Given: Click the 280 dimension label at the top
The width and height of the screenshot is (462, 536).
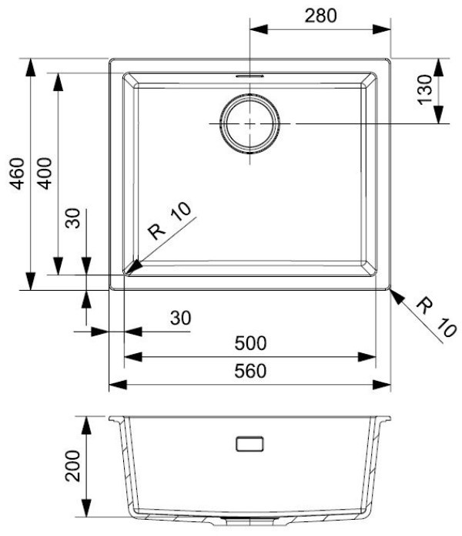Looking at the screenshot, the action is [320, 15].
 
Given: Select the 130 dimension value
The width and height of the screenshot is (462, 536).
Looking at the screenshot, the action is [425, 89].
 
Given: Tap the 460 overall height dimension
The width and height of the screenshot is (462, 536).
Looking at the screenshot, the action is [17, 174].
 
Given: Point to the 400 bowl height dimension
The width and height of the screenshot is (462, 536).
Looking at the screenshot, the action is [45, 174].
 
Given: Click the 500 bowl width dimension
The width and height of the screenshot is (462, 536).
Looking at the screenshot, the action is [250, 343].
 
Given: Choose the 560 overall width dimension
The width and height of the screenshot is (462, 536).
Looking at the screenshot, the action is [250, 371].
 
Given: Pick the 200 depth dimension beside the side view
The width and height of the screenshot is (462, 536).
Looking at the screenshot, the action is [72, 466].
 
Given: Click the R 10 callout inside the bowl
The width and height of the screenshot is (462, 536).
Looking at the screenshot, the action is [169, 221].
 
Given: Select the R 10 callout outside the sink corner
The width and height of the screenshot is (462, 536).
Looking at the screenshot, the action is [436, 317].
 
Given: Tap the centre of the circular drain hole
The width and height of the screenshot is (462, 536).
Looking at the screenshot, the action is [250, 123].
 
